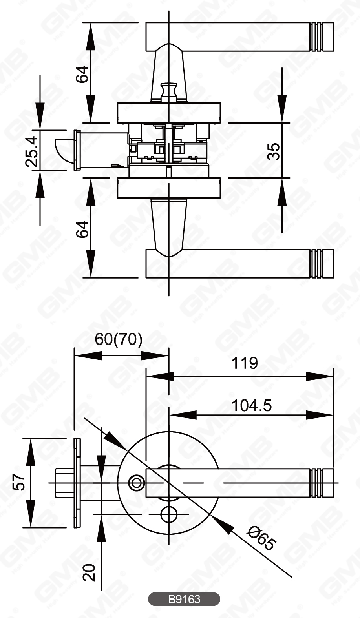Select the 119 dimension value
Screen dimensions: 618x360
245,363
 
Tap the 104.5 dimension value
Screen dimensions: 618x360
251,405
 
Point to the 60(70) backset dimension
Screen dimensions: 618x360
119,339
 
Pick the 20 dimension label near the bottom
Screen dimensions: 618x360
90,572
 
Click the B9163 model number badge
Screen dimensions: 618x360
184,599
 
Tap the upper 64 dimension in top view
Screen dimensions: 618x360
82,74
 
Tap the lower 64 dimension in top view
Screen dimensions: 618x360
82,229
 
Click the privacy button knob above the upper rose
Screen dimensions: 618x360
170,91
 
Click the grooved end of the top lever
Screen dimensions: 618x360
322,37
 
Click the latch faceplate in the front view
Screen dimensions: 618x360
77,483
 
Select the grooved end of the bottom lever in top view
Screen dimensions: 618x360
322,263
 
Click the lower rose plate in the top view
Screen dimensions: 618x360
169,188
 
